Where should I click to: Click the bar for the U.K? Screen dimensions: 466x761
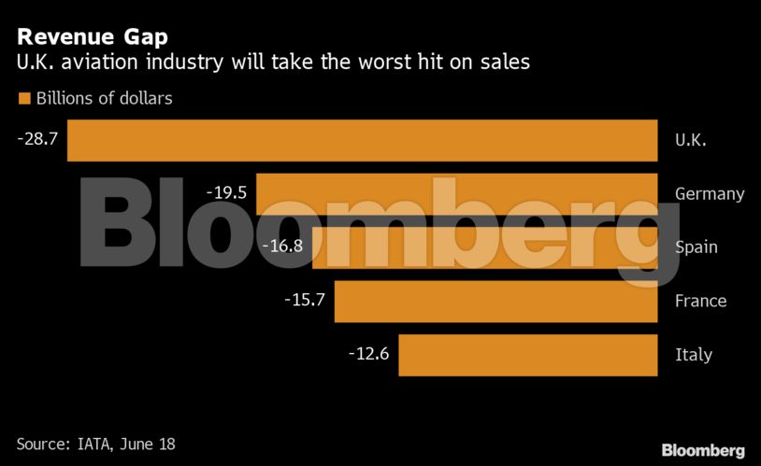click(363, 140)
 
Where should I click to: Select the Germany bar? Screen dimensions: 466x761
click(457, 193)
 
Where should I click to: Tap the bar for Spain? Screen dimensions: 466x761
click(484, 247)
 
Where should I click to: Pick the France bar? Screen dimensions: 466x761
click(495, 301)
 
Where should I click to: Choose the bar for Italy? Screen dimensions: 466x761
click(527, 355)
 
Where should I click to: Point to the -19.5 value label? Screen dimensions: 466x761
click(225, 192)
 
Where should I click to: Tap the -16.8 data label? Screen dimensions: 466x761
click(280, 247)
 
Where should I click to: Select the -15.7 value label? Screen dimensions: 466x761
click(303, 300)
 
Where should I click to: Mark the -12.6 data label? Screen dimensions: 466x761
click(367, 354)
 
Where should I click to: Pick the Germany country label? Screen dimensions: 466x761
click(710, 194)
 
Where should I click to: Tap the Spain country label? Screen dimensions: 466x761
click(696, 247)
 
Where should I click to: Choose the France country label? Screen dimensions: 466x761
click(700, 301)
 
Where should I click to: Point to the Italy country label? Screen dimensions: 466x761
click(693, 355)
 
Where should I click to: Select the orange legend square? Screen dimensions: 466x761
click(23, 98)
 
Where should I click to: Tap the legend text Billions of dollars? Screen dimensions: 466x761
click(104, 98)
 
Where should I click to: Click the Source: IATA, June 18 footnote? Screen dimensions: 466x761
click(95, 445)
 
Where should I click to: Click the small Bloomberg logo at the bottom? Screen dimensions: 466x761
click(703, 450)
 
